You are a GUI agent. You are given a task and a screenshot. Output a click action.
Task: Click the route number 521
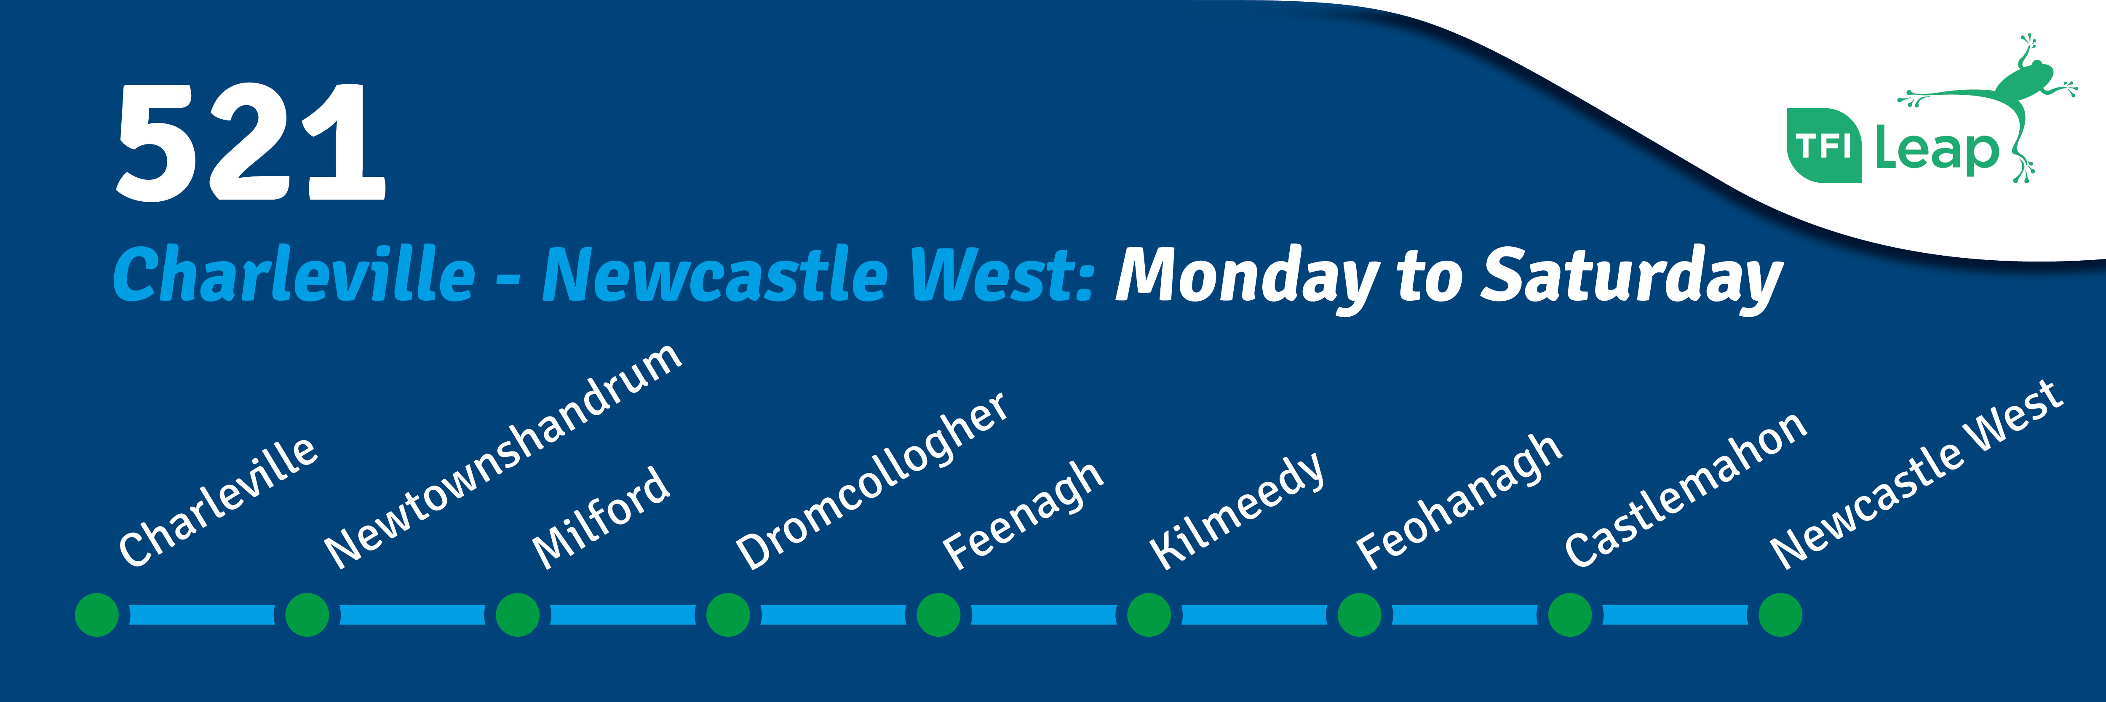click(250, 142)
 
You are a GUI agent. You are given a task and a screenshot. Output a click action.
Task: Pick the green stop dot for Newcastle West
click(1780, 614)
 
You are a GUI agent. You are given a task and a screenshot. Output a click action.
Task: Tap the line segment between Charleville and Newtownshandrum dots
click(202, 614)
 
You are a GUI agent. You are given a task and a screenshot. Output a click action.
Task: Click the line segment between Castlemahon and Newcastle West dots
click(1675, 614)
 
